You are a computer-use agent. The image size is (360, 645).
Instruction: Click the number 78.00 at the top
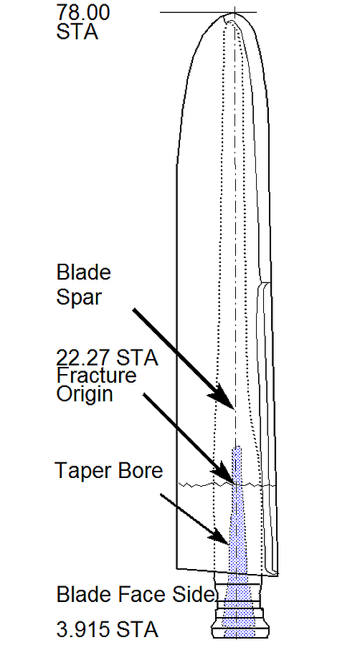tap(83, 12)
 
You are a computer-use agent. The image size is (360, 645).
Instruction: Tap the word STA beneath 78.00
tap(77, 32)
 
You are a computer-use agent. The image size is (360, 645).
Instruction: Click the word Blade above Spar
tap(83, 272)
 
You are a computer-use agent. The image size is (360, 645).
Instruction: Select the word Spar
tap(78, 297)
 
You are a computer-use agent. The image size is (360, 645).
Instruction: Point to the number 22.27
tap(83, 358)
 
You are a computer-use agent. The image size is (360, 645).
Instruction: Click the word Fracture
tap(96, 375)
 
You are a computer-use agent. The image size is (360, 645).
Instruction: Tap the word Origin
tap(85, 395)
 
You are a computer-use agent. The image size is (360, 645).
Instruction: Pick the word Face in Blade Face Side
tap(138, 595)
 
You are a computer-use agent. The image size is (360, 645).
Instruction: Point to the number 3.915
tap(82, 630)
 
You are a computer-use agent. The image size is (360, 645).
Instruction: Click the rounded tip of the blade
tap(234, 14)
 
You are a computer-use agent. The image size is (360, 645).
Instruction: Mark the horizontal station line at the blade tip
tap(208, 12)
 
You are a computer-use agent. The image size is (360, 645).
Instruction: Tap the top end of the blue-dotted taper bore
tap(237, 447)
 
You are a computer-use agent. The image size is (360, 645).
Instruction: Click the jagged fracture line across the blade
tap(227, 484)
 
